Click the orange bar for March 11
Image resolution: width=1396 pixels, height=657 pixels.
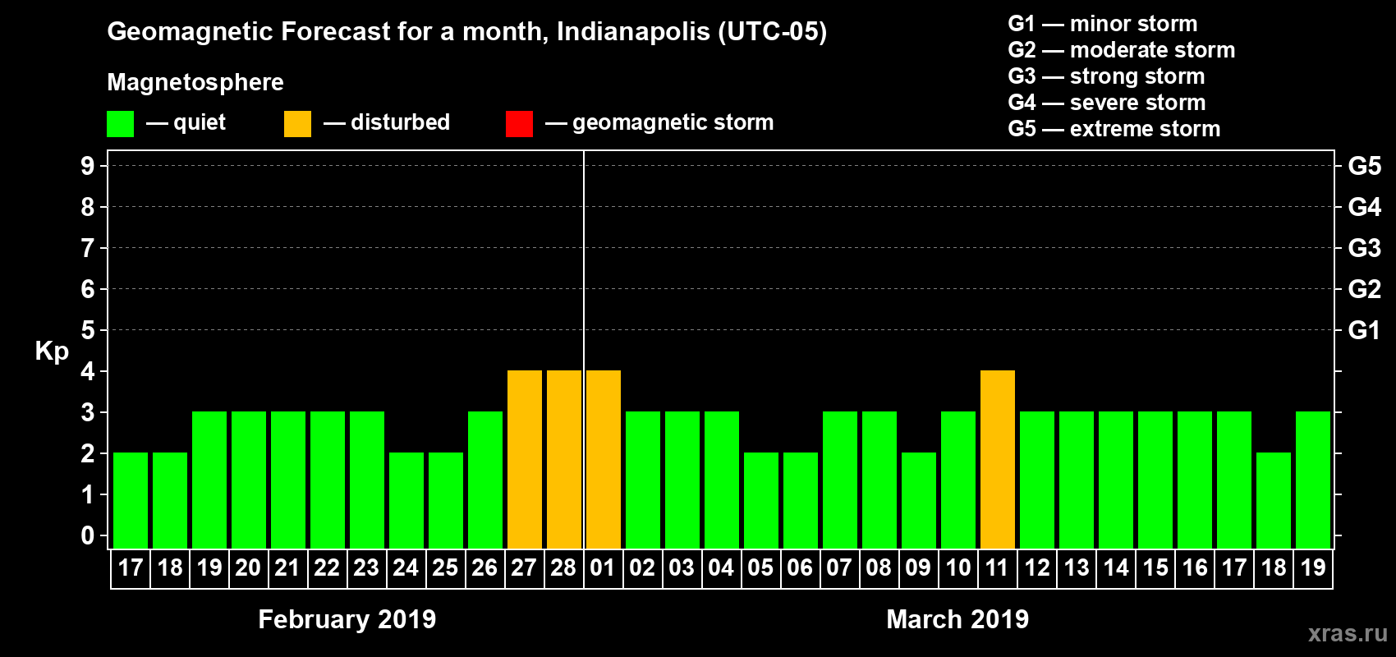tap(998, 459)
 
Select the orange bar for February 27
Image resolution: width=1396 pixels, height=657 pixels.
tap(525, 459)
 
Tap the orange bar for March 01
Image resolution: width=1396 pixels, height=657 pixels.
tap(604, 459)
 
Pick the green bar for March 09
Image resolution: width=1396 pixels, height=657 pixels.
tap(919, 500)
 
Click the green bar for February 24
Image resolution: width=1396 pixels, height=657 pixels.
tap(406, 500)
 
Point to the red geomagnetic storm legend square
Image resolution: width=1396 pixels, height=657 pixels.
tap(519, 124)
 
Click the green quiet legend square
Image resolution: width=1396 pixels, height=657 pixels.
tap(120, 124)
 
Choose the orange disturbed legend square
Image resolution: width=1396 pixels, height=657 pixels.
tap(297, 124)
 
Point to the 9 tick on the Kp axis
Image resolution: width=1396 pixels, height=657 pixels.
tap(88, 166)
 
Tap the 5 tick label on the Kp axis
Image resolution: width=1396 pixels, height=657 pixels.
tap(88, 330)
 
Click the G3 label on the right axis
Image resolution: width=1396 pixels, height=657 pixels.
tap(1364, 248)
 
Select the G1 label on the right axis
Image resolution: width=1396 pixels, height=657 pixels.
tap(1364, 330)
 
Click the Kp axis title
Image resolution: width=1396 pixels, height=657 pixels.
tap(52, 351)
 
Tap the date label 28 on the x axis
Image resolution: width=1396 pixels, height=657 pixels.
tap(563, 568)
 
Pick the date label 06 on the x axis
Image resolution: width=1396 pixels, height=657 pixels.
tap(800, 568)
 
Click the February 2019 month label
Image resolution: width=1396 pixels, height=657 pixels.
tap(347, 619)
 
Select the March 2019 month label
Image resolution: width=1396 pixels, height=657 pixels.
tap(957, 619)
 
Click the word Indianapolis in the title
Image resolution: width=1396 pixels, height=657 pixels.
tap(633, 32)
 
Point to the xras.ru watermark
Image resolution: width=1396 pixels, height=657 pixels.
tap(1348, 633)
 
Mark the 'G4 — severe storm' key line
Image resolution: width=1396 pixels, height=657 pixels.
tap(1106, 103)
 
